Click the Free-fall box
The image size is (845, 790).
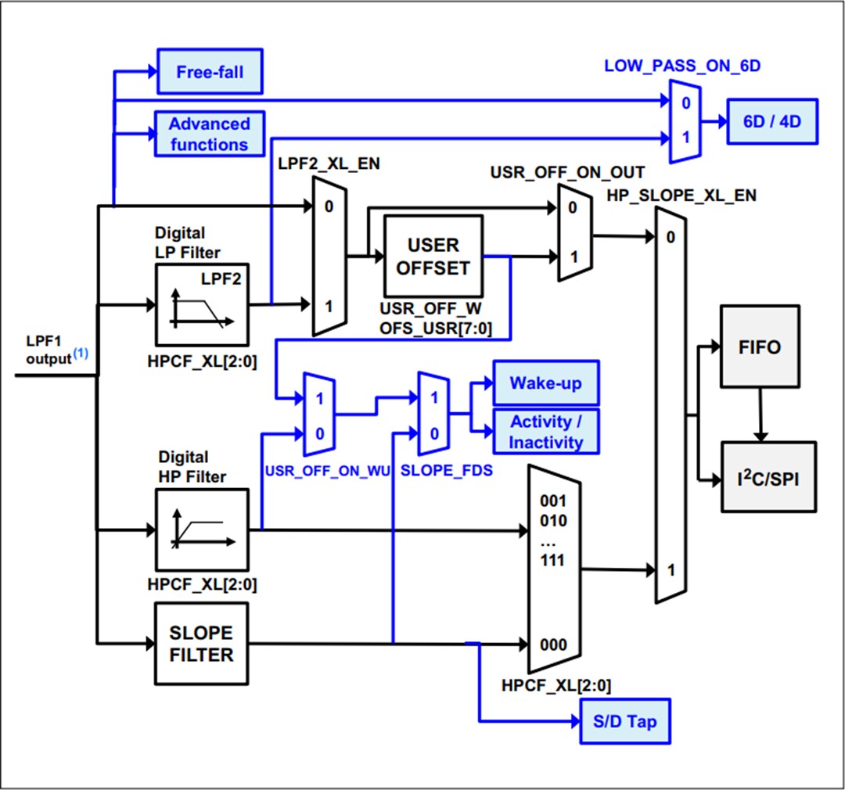click(210, 72)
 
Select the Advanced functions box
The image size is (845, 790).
click(209, 134)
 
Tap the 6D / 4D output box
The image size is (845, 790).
click(772, 121)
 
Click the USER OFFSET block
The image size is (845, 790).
click(433, 256)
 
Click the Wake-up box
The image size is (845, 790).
click(545, 383)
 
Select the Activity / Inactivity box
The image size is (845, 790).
click(546, 432)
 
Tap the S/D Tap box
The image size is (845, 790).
click(624, 721)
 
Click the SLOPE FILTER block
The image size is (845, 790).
click(202, 644)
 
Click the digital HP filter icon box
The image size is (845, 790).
click(202, 530)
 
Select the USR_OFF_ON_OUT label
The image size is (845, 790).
click(567, 172)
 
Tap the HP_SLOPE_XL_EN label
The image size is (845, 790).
click(681, 196)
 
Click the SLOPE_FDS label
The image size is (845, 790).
click(446, 472)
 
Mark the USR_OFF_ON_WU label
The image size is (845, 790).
click(327, 472)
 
